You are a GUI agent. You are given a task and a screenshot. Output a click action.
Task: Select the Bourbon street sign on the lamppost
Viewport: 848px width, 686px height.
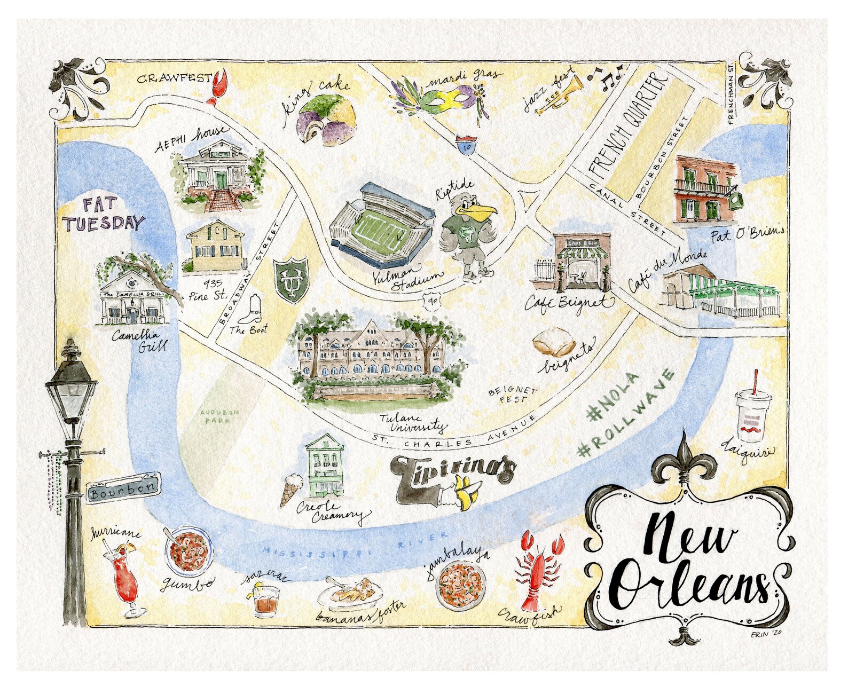click(x=124, y=488)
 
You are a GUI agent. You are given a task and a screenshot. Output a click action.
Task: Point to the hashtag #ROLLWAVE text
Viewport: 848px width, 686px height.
click(x=626, y=413)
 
